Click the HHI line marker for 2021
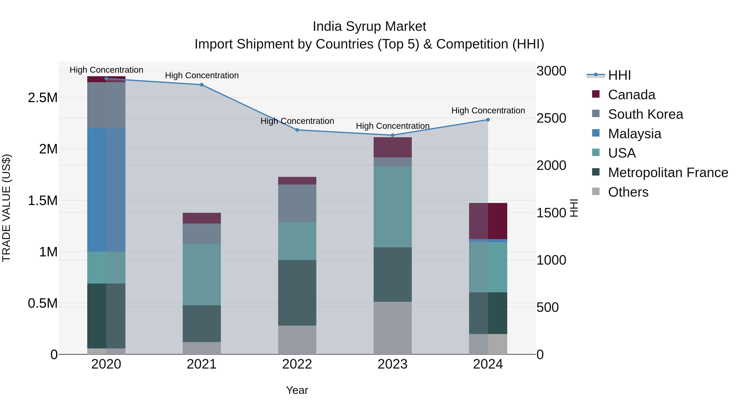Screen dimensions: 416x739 [202, 85]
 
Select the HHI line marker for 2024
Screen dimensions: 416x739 [488, 120]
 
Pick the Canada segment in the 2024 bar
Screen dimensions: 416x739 [488, 221]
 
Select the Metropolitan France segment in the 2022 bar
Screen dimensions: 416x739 [297, 293]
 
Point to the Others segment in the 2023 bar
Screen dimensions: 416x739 [392, 328]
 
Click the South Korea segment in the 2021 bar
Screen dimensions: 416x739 [202, 233]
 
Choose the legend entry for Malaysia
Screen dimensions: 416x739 [634, 134]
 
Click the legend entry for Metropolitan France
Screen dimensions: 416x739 [668, 173]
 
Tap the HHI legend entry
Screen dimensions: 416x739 [619, 75]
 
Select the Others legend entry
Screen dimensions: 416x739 [628, 192]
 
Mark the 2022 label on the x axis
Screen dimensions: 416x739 [297, 364]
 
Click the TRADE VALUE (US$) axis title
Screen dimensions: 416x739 [7, 208]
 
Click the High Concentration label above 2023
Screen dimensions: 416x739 [392, 126]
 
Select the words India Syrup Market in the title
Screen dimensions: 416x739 [369, 27]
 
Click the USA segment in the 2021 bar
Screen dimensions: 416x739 [202, 274]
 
